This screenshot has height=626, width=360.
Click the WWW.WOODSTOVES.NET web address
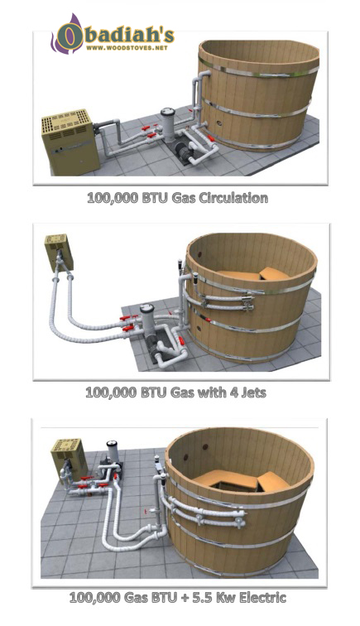127,48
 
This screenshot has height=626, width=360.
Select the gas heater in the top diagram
70,142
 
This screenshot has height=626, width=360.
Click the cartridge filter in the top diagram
168,123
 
